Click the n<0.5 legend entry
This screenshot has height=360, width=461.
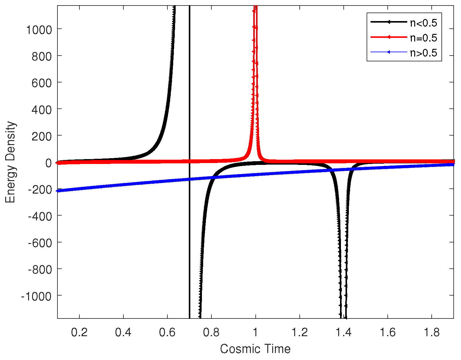point(423,22)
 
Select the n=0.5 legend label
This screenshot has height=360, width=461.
point(423,38)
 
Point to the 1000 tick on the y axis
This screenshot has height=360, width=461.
point(39,30)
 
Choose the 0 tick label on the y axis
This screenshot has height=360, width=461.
point(48,163)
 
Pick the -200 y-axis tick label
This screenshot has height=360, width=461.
point(40,189)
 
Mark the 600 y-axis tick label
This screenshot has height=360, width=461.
point(42,83)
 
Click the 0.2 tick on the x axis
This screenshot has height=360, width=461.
point(79,332)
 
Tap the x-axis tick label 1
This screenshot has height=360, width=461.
point(256,332)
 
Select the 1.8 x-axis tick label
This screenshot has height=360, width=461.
point(432,332)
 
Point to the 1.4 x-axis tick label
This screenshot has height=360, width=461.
point(344,332)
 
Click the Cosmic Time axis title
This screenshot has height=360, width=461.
point(255,349)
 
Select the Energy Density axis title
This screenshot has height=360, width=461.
point(10,162)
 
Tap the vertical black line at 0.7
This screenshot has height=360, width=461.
point(189,92)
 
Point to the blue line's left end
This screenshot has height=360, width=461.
point(58,191)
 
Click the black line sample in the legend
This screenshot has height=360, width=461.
point(388,22)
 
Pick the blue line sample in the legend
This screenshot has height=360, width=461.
point(388,53)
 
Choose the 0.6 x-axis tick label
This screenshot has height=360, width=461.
point(167,332)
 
